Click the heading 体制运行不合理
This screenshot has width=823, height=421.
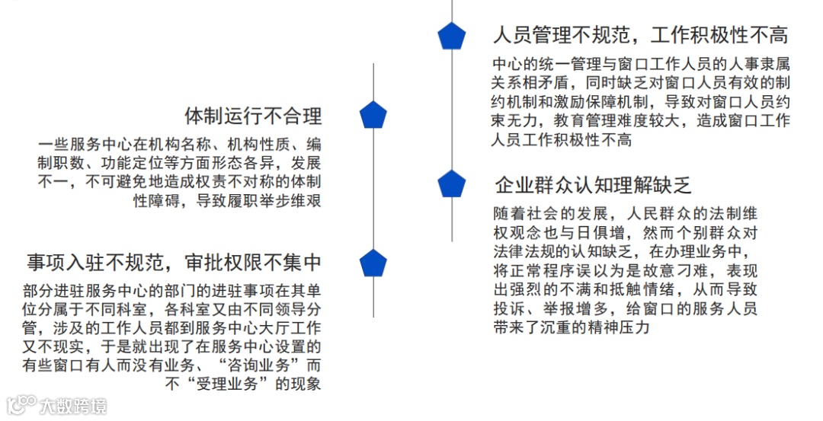click(253, 116)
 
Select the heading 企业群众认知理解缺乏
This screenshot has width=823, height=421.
click(593, 185)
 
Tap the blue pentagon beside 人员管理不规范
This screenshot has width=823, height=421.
click(451, 36)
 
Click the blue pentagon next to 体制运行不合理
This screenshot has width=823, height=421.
click(373, 115)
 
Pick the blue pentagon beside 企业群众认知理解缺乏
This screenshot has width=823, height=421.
click(451, 183)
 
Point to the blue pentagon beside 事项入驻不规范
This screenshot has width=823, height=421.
click(373, 263)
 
